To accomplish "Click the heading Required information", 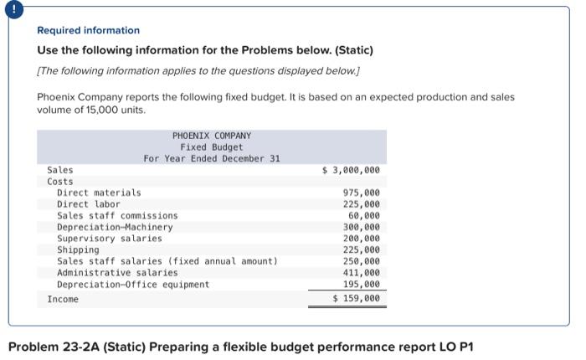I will coord(88,30).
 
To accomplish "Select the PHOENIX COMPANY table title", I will coord(211,136).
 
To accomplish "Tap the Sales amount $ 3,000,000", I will coord(351,170).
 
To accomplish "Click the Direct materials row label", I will coord(99,193).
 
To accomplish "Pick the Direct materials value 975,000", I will coord(361,193).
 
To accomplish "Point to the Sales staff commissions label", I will coord(117,215).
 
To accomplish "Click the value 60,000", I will coord(363,215).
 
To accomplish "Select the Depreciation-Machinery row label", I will coord(115,227).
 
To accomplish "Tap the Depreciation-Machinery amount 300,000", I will coord(361,227).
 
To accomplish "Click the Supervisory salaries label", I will coord(110,239).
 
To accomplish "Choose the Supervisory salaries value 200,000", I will coord(361,239).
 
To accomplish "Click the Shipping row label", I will coord(78,249).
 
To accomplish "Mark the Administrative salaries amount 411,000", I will coord(361,272).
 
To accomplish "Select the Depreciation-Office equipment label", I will coord(133,284).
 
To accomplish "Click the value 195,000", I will coord(361,284).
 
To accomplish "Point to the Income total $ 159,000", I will coord(356,298).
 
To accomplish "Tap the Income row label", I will coord(63,299).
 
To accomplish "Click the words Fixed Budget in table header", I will coord(211,147).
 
